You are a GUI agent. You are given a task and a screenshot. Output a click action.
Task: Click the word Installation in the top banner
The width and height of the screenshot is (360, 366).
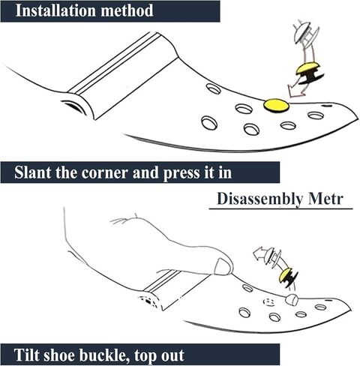click(55, 10)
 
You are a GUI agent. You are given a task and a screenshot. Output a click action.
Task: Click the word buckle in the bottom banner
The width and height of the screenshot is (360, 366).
click(104, 355)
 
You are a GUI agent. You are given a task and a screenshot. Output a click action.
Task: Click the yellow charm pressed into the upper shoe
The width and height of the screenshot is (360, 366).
click(276, 105)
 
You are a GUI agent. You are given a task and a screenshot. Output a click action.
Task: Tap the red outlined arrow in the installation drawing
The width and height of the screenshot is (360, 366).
click(295, 89)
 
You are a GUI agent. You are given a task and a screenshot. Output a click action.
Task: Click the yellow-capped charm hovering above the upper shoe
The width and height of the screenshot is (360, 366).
click(309, 73)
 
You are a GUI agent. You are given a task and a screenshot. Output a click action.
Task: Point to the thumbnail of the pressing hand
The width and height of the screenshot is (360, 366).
click(223, 266)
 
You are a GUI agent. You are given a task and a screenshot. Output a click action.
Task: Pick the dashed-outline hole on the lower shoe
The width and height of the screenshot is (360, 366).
click(269, 302)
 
